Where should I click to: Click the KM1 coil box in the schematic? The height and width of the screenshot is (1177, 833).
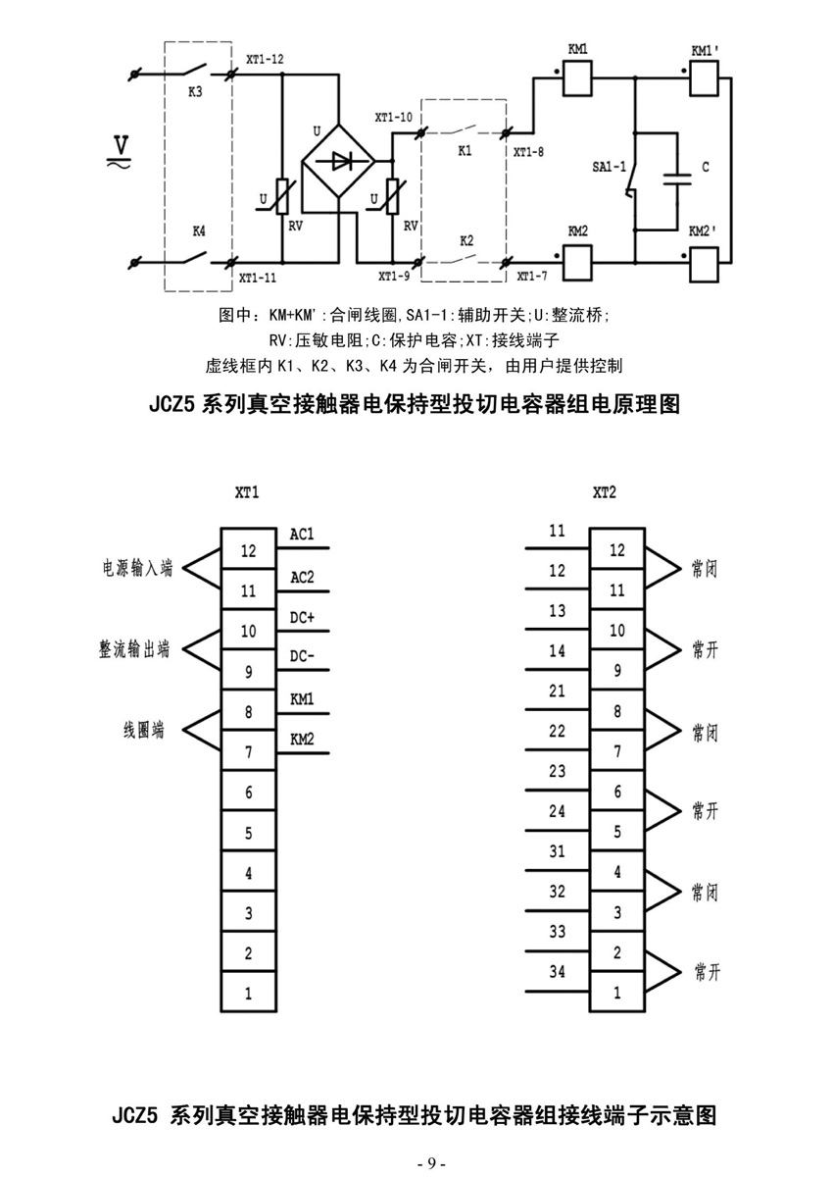tap(577, 78)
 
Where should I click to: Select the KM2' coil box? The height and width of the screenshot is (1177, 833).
tap(704, 266)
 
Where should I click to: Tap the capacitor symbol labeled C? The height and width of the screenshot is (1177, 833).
tap(677, 179)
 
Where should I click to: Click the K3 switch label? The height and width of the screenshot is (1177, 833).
tap(195, 92)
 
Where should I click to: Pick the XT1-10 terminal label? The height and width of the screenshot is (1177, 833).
tap(393, 117)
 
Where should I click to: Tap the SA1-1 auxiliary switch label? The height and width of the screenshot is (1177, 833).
tap(609, 167)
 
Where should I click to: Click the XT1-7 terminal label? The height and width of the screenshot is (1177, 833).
tap(532, 276)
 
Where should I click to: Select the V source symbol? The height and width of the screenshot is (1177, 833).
tap(121, 151)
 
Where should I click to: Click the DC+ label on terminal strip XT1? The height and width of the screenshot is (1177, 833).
tap(302, 617)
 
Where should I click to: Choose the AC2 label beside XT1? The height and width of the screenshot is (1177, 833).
tap(302, 577)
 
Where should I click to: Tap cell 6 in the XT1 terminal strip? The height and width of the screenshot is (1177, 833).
tap(248, 791)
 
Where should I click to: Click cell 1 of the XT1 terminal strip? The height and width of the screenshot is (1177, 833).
tap(248, 992)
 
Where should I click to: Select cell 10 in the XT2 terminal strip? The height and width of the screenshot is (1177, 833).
tap(616, 630)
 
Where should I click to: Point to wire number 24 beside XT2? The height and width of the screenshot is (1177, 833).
tap(557, 811)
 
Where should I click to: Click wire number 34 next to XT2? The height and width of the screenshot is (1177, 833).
tap(557, 972)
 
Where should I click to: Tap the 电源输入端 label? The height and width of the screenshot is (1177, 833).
tap(137, 568)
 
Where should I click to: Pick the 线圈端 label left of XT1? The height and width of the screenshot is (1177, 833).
tap(144, 730)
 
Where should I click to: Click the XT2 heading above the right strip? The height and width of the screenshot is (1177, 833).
tap(604, 492)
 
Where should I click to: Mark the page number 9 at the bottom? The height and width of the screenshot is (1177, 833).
tap(431, 1163)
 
